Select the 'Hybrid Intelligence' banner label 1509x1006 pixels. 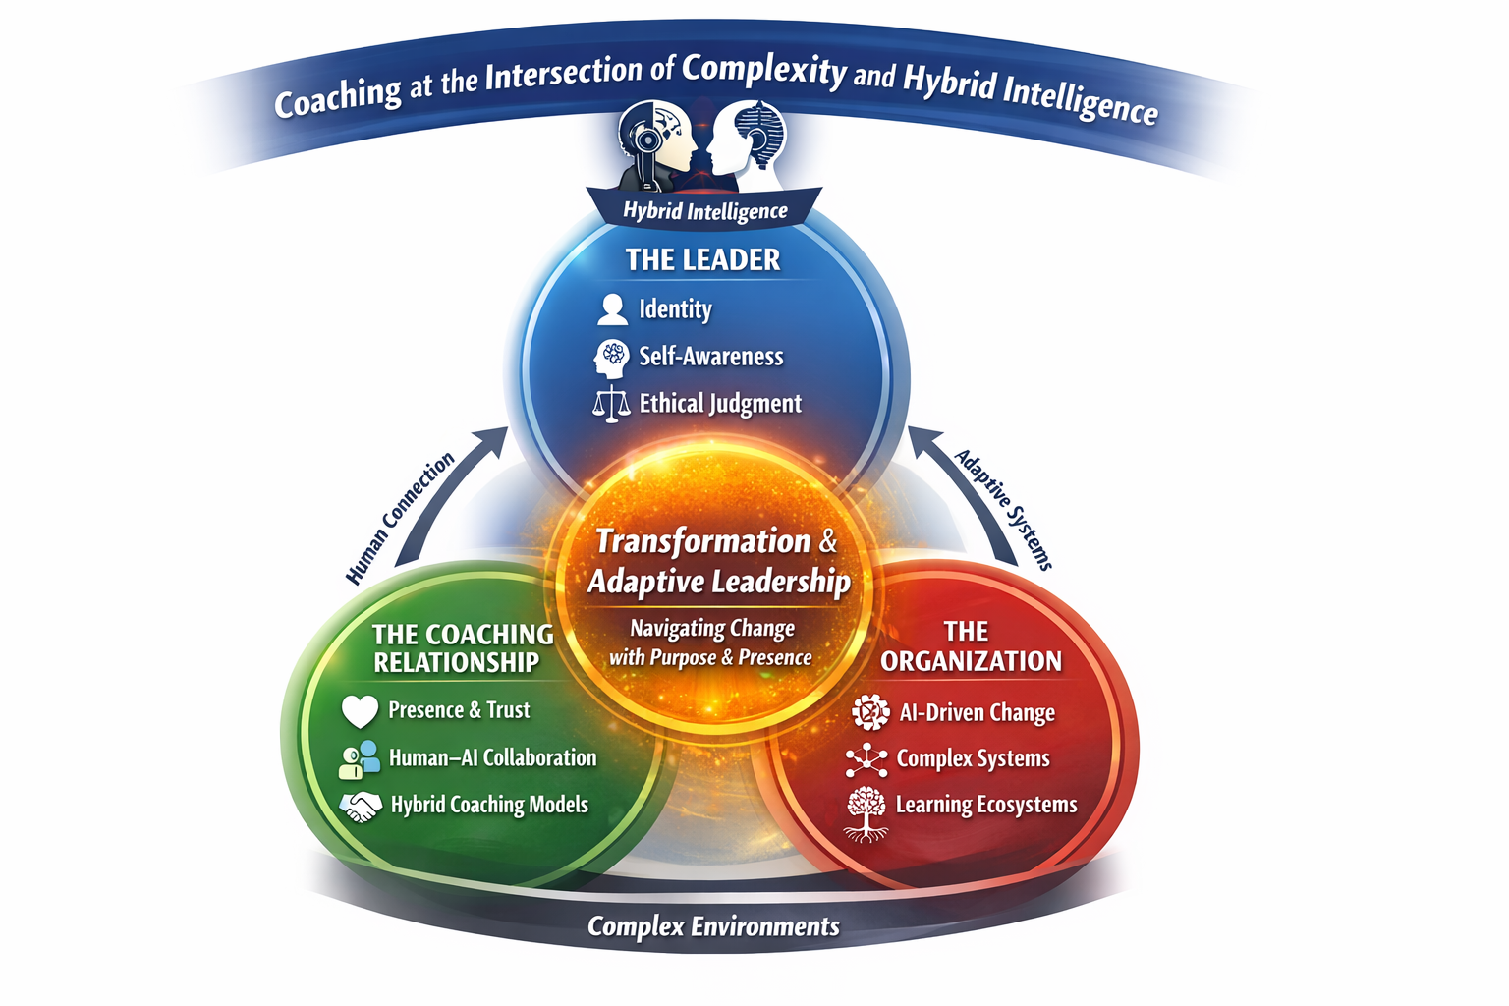click(705, 211)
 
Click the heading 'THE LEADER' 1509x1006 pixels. click(703, 259)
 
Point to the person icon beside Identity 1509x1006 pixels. click(612, 309)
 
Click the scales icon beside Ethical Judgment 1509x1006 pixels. click(611, 404)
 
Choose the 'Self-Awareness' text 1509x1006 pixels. click(711, 357)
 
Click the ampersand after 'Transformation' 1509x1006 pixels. click(828, 541)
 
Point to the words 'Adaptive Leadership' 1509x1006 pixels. click(719, 582)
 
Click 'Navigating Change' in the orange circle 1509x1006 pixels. click(712, 628)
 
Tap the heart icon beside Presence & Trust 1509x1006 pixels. click(360, 710)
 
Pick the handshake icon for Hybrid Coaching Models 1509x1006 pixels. click(361, 807)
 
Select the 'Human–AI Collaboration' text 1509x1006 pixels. click(492, 758)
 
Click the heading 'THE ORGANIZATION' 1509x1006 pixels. click(971, 646)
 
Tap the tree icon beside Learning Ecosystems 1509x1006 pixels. click(866, 811)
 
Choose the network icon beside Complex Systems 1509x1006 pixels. click(866, 759)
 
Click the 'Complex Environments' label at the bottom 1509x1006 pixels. click(713, 926)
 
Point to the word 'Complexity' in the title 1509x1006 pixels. click(764, 69)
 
